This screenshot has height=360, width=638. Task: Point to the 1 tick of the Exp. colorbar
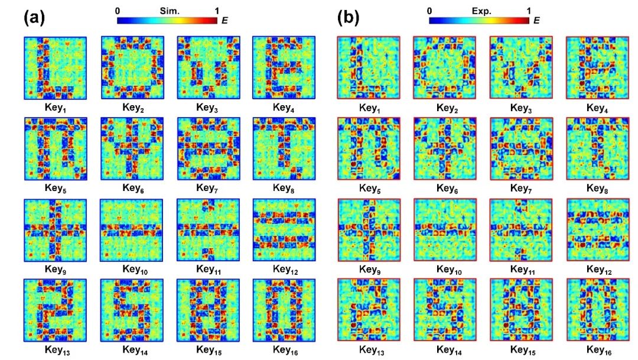pyautogui.click(x=529, y=11)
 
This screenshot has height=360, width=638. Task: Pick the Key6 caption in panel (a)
pyautogui.click(x=132, y=188)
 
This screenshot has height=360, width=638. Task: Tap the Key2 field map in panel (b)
pyautogui.click(x=444, y=67)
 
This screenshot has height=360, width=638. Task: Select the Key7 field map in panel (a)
pyautogui.click(x=208, y=149)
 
